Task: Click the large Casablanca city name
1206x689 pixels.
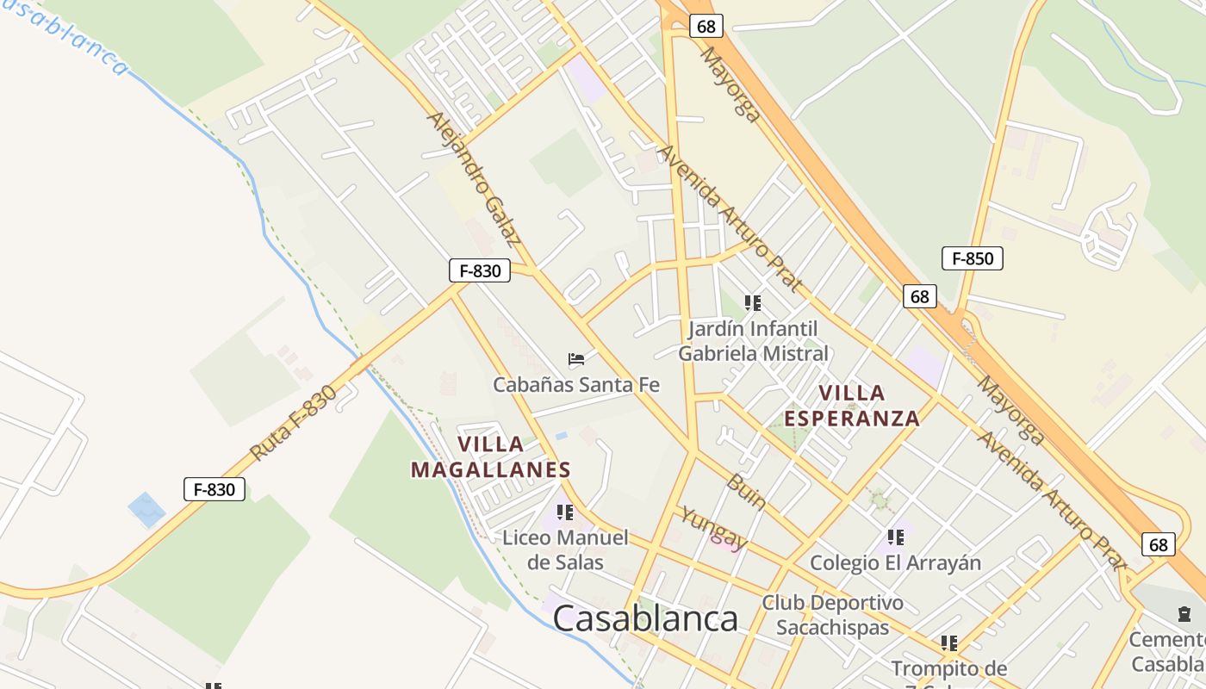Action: pyautogui.click(x=645, y=619)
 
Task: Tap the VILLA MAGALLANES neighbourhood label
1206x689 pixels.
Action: pyautogui.click(x=490, y=457)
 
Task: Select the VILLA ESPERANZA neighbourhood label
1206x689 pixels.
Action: pyautogui.click(x=852, y=406)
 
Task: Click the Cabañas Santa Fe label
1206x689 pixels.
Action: pyautogui.click(x=576, y=384)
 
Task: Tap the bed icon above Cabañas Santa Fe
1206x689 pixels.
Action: pyautogui.click(x=576, y=358)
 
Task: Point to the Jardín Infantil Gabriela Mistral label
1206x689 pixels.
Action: pyautogui.click(x=754, y=341)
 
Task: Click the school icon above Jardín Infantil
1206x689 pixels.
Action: pyautogui.click(x=753, y=303)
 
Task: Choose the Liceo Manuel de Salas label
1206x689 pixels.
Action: pyautogui.click(x=565, y=550)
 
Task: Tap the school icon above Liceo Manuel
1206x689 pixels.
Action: pyautogui.click(x=565, y=512)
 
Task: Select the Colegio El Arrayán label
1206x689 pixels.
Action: pyautogui.click(x=896, y=563)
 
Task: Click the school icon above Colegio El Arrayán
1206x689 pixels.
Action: pyautogui.click(x=896, y=537)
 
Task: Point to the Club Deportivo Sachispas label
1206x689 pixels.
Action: pyautogui.click(x=832, y=615)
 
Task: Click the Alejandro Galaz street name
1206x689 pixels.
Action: pyautogui.click(x=473, y=179)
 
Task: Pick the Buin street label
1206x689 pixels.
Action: pyautogui.click(x=746, y=492)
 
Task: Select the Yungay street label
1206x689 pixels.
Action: pyautogui.click(x=713, y=528)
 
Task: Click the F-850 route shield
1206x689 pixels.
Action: pyautogui.click(x=973, y=258)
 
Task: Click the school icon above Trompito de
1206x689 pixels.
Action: pyautogui.click(x=949, y=643)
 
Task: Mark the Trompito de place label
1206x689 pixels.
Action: pyautogui.click(x=949, y=669)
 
